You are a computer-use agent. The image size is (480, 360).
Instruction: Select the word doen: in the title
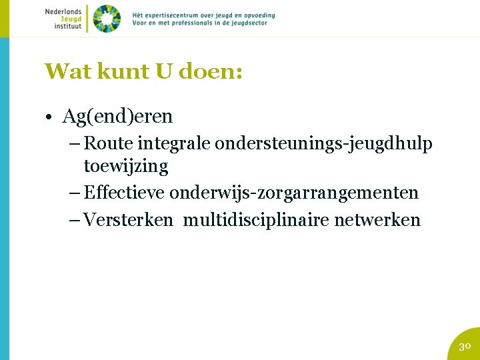[211, 71]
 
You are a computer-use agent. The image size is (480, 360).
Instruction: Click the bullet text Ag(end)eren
[117, 117]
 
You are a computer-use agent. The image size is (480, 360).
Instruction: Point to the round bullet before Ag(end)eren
[50, 117]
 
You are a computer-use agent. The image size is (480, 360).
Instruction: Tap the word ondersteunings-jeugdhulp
[323, 143]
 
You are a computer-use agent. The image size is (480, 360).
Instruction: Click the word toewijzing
[126, 165]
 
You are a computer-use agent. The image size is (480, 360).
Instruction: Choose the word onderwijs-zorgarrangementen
[294, 193]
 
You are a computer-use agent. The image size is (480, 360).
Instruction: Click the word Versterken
[129, 220]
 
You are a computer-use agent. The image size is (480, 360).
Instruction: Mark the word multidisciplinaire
[256, 220]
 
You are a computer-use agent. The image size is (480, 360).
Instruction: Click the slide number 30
[465, 346]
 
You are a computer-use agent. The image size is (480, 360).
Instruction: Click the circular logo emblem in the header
[106, 19]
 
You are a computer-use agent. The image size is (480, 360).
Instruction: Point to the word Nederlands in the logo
[63, 11]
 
